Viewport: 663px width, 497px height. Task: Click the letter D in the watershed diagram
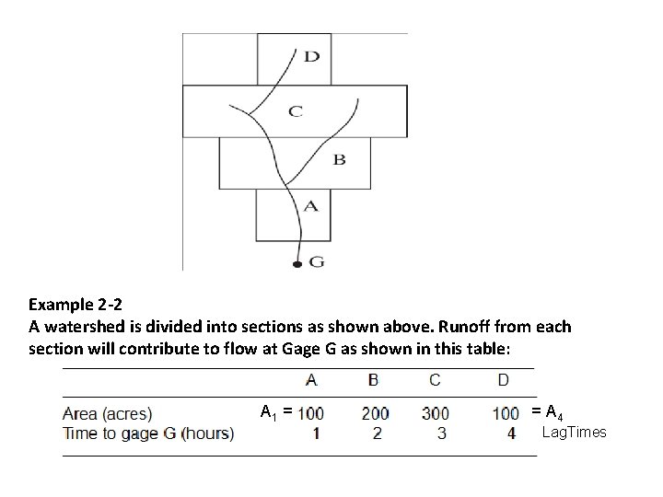[312, 57]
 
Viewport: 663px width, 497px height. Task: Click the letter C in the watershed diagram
[295, 111]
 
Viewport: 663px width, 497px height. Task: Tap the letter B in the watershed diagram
[339, 159]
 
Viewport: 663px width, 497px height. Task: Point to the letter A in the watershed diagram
[310, 206]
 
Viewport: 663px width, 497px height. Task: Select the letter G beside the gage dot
[316, 262]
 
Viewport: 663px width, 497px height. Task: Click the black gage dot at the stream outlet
[297, 266]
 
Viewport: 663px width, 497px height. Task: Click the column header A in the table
[311, 380]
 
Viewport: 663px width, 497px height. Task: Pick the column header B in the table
[373, 380]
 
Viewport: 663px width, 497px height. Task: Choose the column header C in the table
[435, 380]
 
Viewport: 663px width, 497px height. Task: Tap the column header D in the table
[504, 380]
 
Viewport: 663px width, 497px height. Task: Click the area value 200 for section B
[375, 413]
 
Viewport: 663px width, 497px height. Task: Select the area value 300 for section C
[436, 413]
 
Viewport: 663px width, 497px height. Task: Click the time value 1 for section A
[316, 433]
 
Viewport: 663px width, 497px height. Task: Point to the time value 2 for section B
[376, 433]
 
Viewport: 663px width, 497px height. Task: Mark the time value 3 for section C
[441, 433]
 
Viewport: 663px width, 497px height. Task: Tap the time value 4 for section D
[511, 433]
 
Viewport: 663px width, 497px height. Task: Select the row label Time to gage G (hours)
[147, 433]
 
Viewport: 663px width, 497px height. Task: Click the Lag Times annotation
[574, 433]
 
